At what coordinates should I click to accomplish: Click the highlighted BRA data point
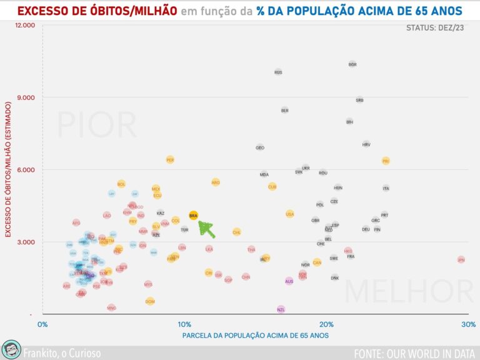point(193,216)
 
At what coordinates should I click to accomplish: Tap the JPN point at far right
point(461,259)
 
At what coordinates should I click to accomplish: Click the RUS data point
point(278,72)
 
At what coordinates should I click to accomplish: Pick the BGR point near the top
point(352,64)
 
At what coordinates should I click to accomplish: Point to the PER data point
point(170,160)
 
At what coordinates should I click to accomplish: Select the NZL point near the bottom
point(281,309)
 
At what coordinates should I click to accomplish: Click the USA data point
point(290,214)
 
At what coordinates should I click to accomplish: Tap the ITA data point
point(386,188)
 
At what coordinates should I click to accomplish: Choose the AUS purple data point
point(289,281)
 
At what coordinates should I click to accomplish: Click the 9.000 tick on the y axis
point(25,97)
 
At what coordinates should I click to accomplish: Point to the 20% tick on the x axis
point(326,324)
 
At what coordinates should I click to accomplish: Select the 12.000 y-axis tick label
point(24,25)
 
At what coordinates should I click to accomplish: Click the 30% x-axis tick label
point(468,324)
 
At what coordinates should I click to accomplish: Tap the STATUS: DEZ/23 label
point(436,28)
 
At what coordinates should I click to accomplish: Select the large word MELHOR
point(409,291)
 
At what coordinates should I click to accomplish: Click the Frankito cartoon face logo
point(10,350)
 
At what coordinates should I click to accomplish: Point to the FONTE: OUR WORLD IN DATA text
point(414,352)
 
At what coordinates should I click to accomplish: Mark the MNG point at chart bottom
point(111,307)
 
